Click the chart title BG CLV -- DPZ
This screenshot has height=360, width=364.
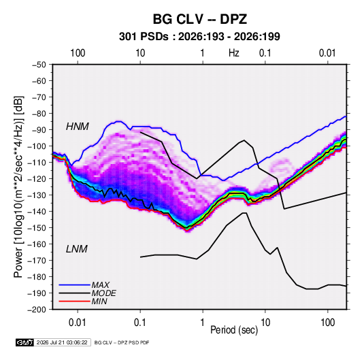pyautogui.click(x=199, y=19)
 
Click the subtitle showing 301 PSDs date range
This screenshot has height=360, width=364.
pyautogui.click(x=199, y=37)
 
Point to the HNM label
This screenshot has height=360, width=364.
pyautogui.click(x=78, y=127)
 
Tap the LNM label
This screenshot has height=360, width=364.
pyautogui.click(x=77, y=249)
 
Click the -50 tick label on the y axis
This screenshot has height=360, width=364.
pyautogui.click(x=39, y=65)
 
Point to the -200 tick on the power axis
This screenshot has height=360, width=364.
pyautogui.click(x=37, y=310)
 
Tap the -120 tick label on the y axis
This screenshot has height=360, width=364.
pyautogui.click(x=37, y=179)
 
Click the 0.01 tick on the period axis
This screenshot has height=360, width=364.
pyautogui.click(x=78, y=323)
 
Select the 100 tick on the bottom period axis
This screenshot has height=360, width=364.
pyautogui.click(x=327, y=323)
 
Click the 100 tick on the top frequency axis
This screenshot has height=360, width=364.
pyautogui.click(x=78, y=53)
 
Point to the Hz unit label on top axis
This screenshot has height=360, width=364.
pyautogui.click(x=234, y=53)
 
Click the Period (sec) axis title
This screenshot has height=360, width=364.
pyautogui.click(x=234, y=330)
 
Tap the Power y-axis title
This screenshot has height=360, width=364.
pyautogui.click(x=18, y=186)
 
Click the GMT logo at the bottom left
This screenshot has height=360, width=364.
pyautogui.click(x=24, y=342)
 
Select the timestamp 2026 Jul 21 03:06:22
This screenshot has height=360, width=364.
pyautogui.click(x=62, y=342)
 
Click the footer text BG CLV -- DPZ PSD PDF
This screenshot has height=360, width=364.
pyautogui.click(x=122, y=342)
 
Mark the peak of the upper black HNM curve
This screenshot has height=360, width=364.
pyautogui.click(x=244, y=140)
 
